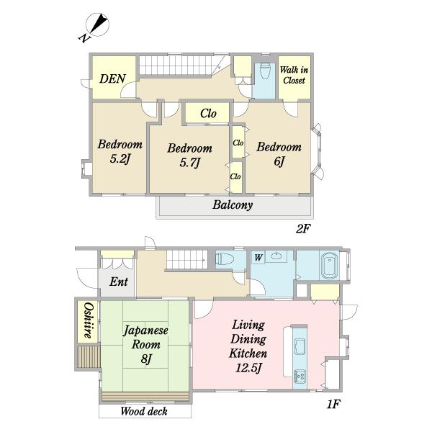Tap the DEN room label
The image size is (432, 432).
[x=113, y=78]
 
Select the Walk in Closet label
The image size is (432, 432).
[x=294, y=75]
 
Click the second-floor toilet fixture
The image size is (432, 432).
[x=265, y=71]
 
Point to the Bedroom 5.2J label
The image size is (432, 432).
[x=120, y=151]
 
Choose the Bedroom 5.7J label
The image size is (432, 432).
[x=190, y=156]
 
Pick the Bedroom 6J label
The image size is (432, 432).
[x=279, y=154]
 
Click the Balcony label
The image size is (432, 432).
[x=233, y=205]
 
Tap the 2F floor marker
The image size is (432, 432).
[x=303, y=229]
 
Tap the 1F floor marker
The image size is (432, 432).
[x=333, y=405]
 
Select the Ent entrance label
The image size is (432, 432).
[x=119, y=282]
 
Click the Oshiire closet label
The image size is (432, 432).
[x=89, y=320]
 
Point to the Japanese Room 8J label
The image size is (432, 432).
[x=145, y=344]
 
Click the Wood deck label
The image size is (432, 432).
[x=144, y=411]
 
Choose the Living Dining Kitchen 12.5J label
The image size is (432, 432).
[x=248, y=346]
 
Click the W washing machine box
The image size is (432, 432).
[x=258, y=257]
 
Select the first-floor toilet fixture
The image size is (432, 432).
[x=224, y=259]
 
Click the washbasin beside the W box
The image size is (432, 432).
[x=276, y=256]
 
